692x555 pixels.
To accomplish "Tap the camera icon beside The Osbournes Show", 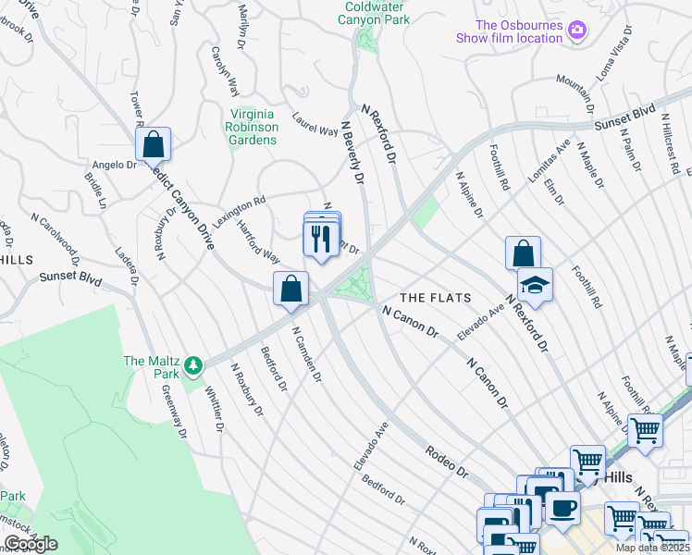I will pyautogui.click(x=577, y=31).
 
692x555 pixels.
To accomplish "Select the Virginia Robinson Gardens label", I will pyautogui.click(x=252, y=127).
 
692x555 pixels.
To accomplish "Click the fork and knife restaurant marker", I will pyautogui.click(x=320, y=240).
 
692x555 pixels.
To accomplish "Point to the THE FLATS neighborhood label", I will pyautogui.click(x=435, y=298).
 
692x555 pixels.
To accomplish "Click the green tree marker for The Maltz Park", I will pyautogui.click(x=192, y=367).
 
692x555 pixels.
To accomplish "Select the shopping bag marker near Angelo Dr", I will pyautogui.click(x=153, y=145).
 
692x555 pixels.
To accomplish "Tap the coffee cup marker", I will pyautogui.click(x=562, y=507).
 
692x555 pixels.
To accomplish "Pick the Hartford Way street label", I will pyautogui.click(x=258, y=241).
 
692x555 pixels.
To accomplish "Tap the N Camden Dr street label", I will pyautogui.click(x=306, y=354).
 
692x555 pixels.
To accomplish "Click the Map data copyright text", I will pyautogui.click(x=651, y=548).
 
